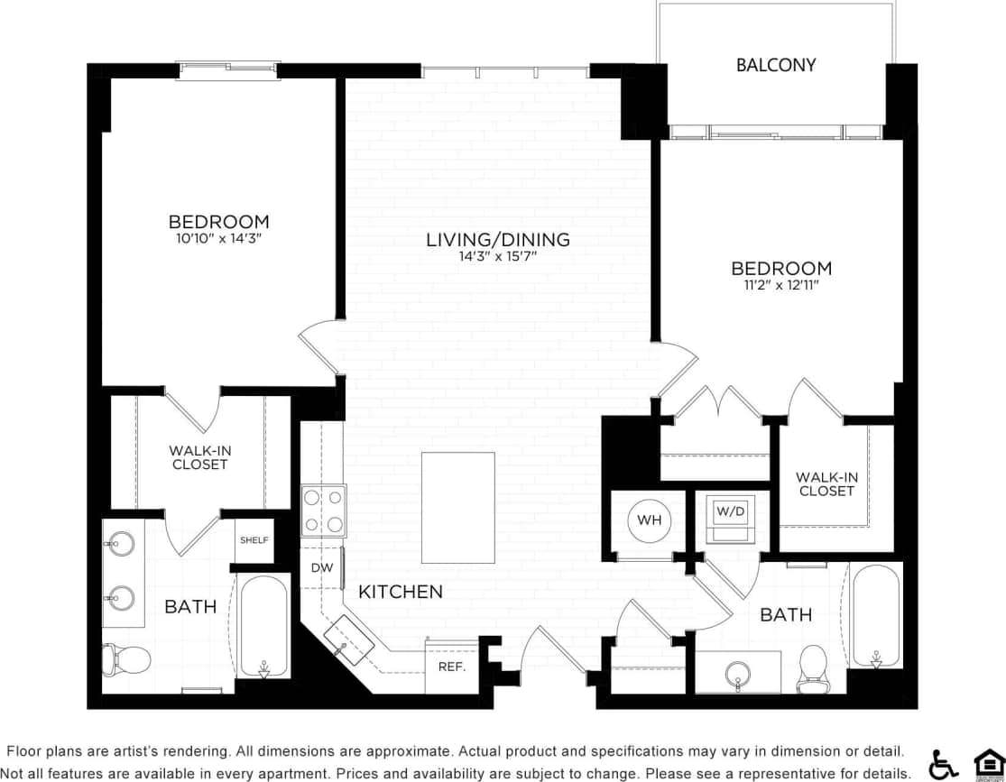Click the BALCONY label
point(775,65)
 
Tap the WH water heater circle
point(649,520)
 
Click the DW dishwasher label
point(322,568)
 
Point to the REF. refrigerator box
point(451,667)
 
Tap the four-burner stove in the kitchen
point(323,511)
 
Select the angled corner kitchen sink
point(349,639)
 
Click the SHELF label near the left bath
point(254,540)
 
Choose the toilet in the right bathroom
point(813,667)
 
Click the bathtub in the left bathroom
point(263,625)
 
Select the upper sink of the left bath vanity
point(120,544)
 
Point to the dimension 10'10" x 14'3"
point(218,238)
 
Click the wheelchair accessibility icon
point(944,764)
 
